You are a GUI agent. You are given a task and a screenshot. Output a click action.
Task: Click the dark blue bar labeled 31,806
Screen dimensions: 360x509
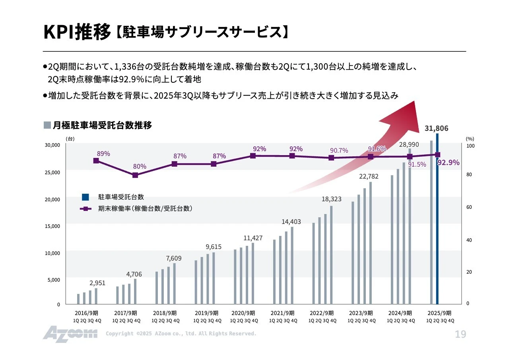click(x=437, y=219)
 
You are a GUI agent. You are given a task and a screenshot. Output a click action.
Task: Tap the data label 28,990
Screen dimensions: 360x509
click(x=409, y=144)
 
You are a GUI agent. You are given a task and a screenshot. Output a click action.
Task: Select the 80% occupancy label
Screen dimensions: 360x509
click(x=140, y=166)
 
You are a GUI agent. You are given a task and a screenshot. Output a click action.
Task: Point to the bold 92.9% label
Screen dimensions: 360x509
click(x=448, y=162)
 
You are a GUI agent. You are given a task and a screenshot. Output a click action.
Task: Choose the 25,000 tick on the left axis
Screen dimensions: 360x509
click(x=52, y=172)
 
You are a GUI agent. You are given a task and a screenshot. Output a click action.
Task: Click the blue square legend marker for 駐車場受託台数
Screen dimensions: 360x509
click(x=85, y=197)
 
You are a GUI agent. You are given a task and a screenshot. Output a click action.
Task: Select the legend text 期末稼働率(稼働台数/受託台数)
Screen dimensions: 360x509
click(x=145, y=208)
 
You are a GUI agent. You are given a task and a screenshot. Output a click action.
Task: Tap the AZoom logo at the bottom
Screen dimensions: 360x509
click(x=70, y=334)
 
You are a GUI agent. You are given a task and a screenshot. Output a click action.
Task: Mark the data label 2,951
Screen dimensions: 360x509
click(x=97, y=283)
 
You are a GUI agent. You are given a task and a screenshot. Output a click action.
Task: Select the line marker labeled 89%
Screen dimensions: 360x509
click(x=96, y=161)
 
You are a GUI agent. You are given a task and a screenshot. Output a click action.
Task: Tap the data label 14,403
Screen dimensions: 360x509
click(x=291, y=222)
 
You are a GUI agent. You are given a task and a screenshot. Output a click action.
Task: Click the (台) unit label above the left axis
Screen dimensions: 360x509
click(x=70, y=139)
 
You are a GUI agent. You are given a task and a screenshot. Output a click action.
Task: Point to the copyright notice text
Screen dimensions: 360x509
click(x=181, y=334)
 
